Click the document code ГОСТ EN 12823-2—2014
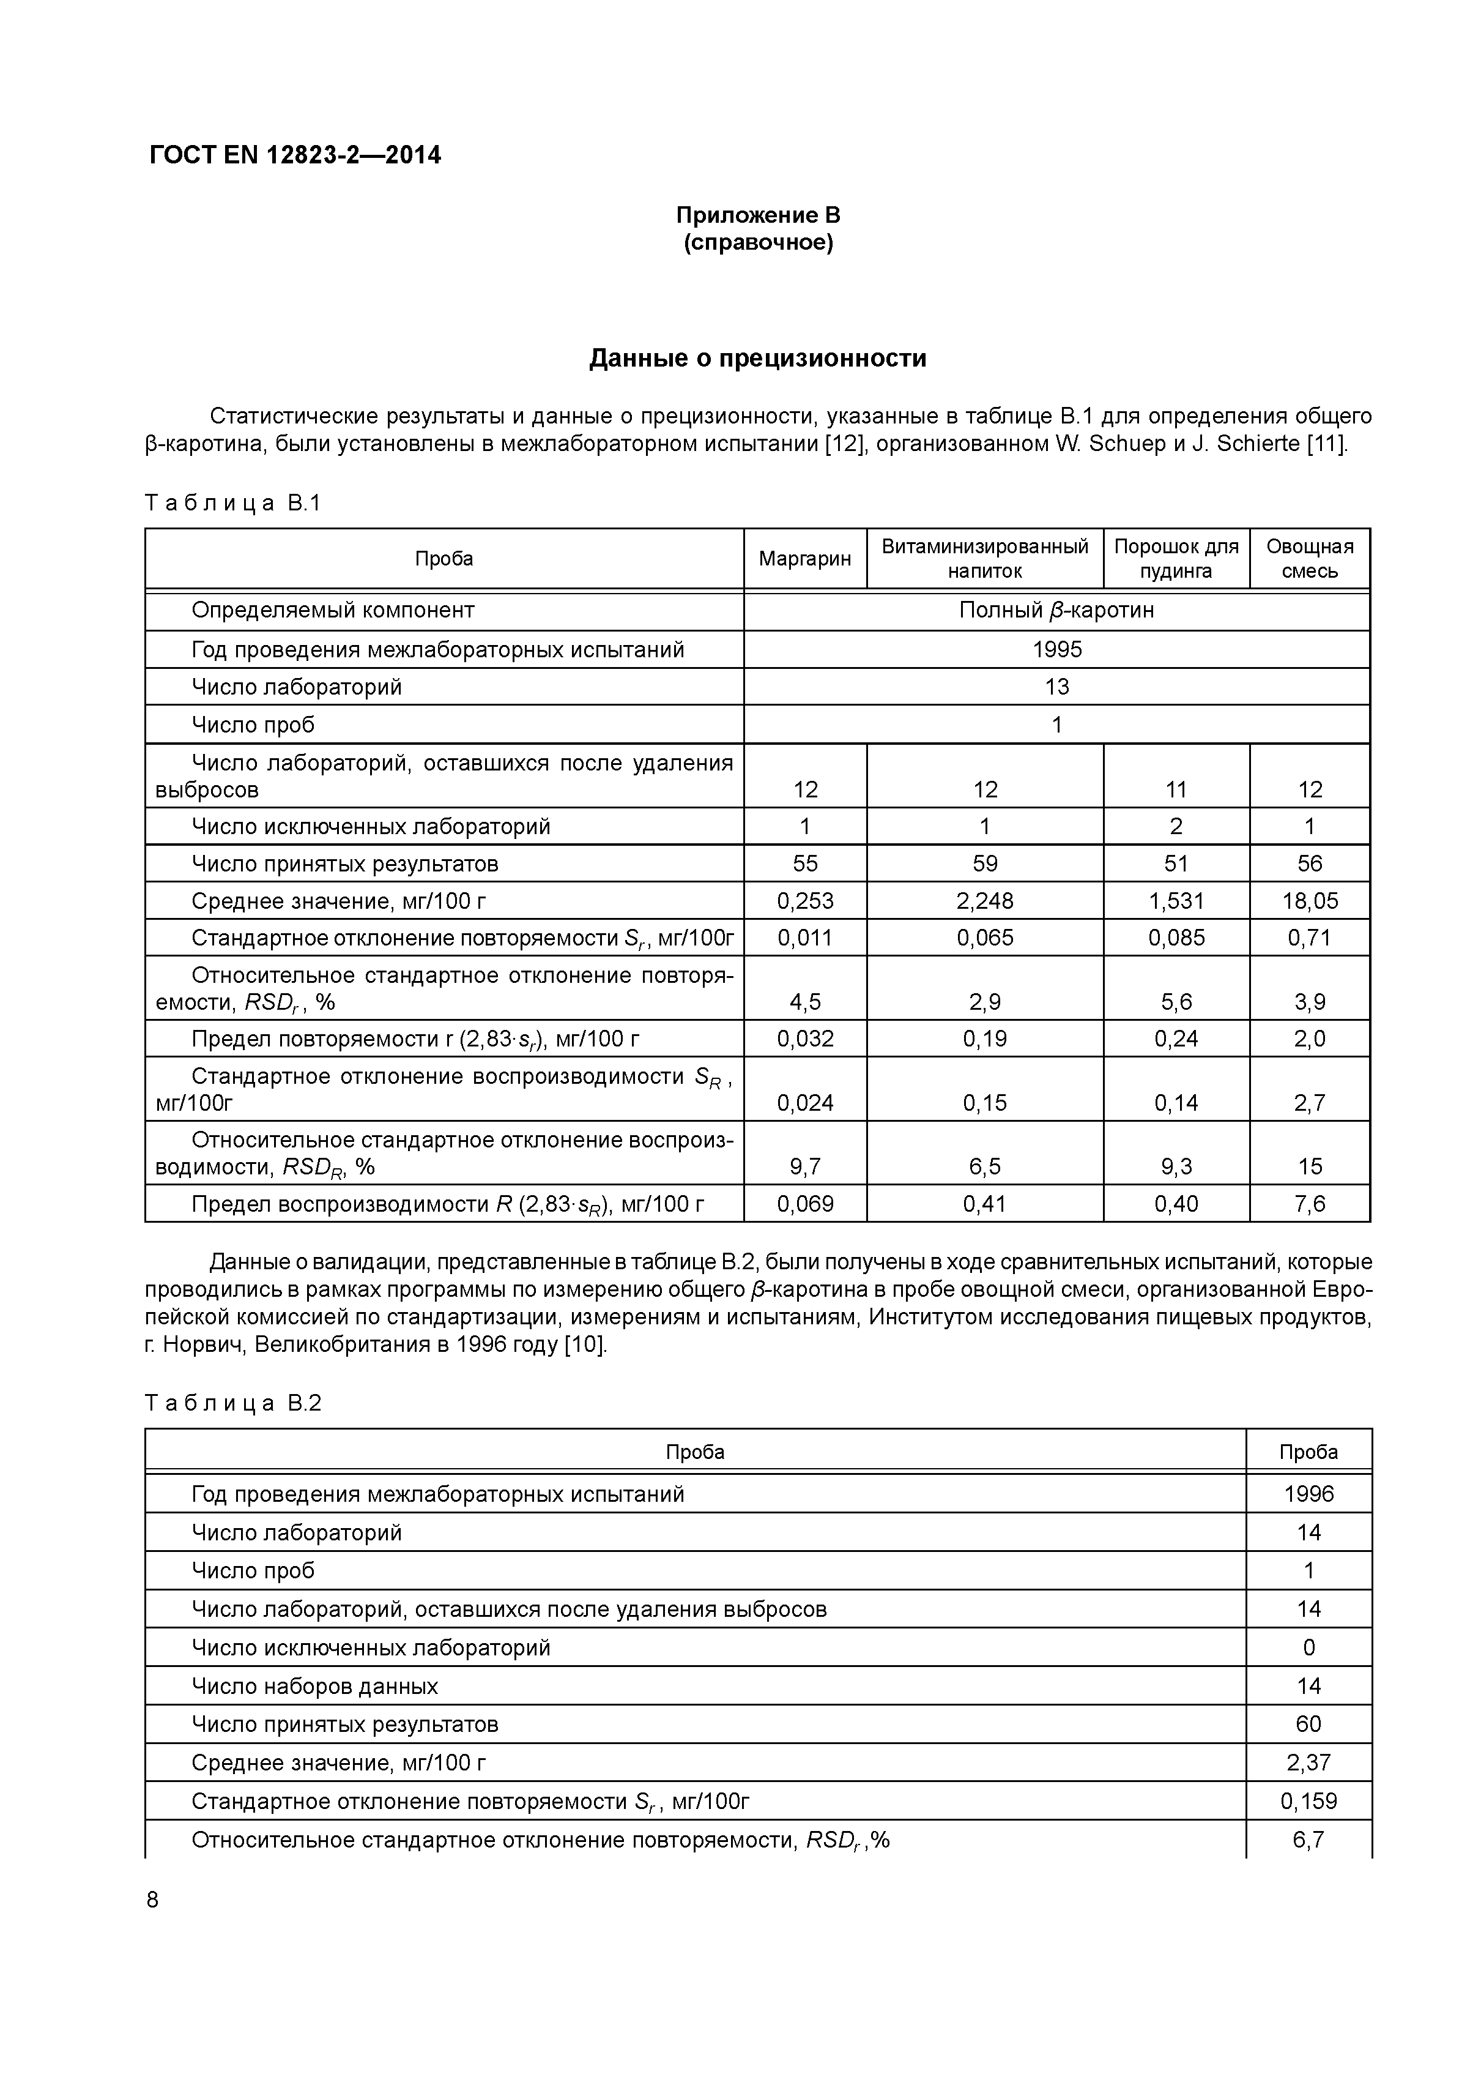pyautogui.click(x=295, y=155)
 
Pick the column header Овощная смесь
pyautogui.click(x=1310, y=559)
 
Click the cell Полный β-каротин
pyautogui.click(x=1056, y=610)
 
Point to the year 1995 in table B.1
pyautogui.click(x=1056, y=649)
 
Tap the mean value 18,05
pyautogui.click(x=1310, y=901)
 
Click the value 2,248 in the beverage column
pyautogui.click(x=985, y=901)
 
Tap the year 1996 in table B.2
pyautogui.click(x=1308, y=1494)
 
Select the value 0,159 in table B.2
pyautogui.click(x=1308, y=1801)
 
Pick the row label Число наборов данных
pyautogui.click(x=315, y=1686)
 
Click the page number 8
pyautogui.click(x=152, y=1900)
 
